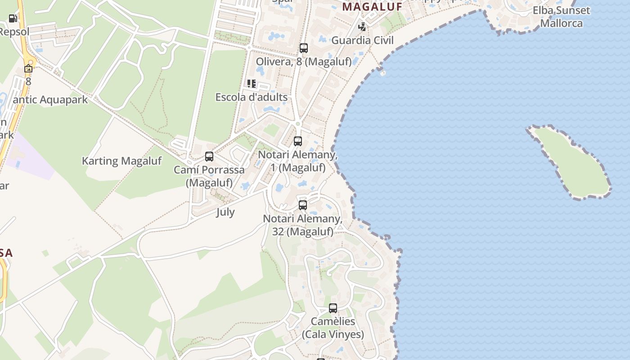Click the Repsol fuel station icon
(x=13, y=18)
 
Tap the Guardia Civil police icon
(x=362, y=27)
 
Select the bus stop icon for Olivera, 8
(x=304, y=48)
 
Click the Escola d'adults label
(x=251, y=97)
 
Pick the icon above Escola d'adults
(x=251, y=84)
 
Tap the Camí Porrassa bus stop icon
(x=209, y=157)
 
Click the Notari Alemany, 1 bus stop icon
(x=298, y=141)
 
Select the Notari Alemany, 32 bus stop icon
(x=303, y=205)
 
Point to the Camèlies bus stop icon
(x=333, y=308)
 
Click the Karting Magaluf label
(x=121, y=161)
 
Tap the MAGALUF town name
(x=372, y=7)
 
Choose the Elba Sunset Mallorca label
(x=561, y=17)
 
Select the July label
(x=225, y=212)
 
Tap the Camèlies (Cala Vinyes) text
(x=333, y=328)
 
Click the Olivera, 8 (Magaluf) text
(x=304, y=62)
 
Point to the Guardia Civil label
(x=362, y=40)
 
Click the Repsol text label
(x=14, y=32)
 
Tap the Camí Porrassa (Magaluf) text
(x=209, y=176)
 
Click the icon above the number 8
(x=28, y=68)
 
